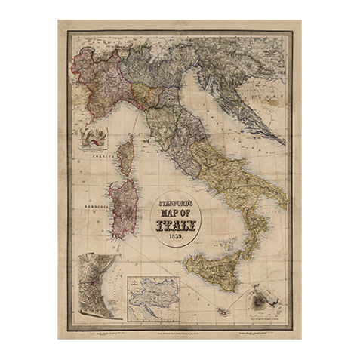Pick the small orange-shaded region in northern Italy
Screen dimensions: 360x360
tap(144, 94)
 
